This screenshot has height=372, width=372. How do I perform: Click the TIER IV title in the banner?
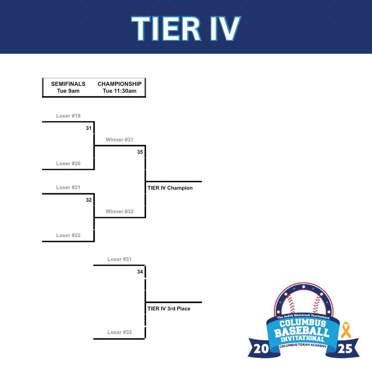click(x=186, y=29)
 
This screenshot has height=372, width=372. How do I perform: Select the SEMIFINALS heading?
click(x=68, y=84)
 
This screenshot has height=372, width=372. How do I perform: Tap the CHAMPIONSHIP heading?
click(x=120, y=84)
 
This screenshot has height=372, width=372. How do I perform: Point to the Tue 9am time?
click(x=68, y=91)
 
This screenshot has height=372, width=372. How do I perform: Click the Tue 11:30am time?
click(x=120, y=91)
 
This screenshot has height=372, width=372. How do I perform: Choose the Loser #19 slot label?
click(x=68, y=116)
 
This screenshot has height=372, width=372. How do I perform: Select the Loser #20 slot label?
click(x=68, y=164)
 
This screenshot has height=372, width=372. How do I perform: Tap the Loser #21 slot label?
click(x=68, y=187)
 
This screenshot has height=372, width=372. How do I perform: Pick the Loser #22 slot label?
click(x=68, y=235)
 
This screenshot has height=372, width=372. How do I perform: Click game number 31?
click(x=89, y=128)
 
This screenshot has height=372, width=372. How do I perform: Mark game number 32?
click(x=89, y=200)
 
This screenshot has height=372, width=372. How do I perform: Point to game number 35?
click(x=140, y=152)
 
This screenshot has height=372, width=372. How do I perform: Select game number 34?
click(x=140, y=272)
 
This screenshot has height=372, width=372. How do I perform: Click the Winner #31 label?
click(x=120, y=140)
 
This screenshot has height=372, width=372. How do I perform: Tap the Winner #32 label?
click(x=120, y=211)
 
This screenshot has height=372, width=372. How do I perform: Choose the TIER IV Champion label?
click(x=170, y=188)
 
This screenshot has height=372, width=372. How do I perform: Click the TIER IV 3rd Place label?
click(x=169, y=309)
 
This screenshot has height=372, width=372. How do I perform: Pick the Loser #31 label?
click(x=120, y=259)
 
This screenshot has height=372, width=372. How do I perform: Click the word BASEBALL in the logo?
click(x=302, y=332)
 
